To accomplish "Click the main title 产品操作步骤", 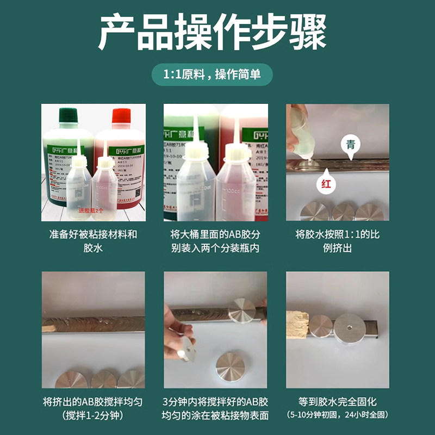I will click(217, 33).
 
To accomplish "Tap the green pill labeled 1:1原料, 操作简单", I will click(217, 74).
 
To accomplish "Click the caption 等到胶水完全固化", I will click(338, 403).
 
